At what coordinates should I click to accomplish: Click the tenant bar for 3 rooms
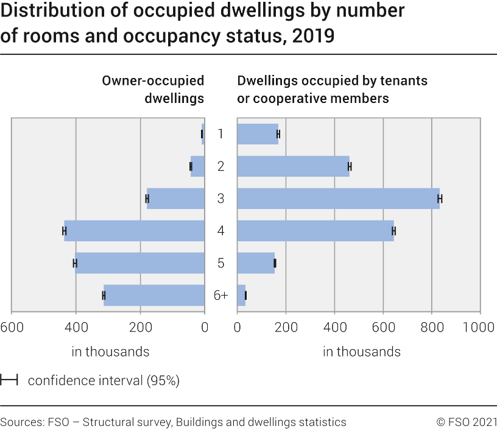[x=338, y=199]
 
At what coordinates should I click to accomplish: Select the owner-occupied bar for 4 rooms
[x=135, y=231]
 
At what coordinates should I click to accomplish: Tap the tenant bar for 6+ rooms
[x=241, y=296]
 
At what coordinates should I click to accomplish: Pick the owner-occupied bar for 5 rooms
[x=140, y=263]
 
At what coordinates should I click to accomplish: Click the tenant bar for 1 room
[x=257, y=134]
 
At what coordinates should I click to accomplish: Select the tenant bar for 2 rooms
[x=293, y=166]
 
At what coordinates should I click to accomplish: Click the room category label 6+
[x=220, y=296]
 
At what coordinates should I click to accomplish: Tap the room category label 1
[x=220, y=134]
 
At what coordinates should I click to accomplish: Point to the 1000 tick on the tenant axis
[x=479, y=327]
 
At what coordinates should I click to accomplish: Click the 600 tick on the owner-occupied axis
[x=12, y=327]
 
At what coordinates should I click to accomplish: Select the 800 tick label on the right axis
[x=432, y=327]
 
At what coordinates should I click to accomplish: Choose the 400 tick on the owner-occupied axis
[x=76, y=327]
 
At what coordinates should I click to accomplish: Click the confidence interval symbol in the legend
[x=9, y=381]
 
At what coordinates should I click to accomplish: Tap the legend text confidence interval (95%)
[x=104, y=381]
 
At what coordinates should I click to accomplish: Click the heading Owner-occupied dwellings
[x=153, y=89]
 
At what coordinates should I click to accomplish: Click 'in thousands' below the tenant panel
[x=362, y=352]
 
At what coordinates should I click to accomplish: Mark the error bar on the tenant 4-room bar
[x=393, y=231]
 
